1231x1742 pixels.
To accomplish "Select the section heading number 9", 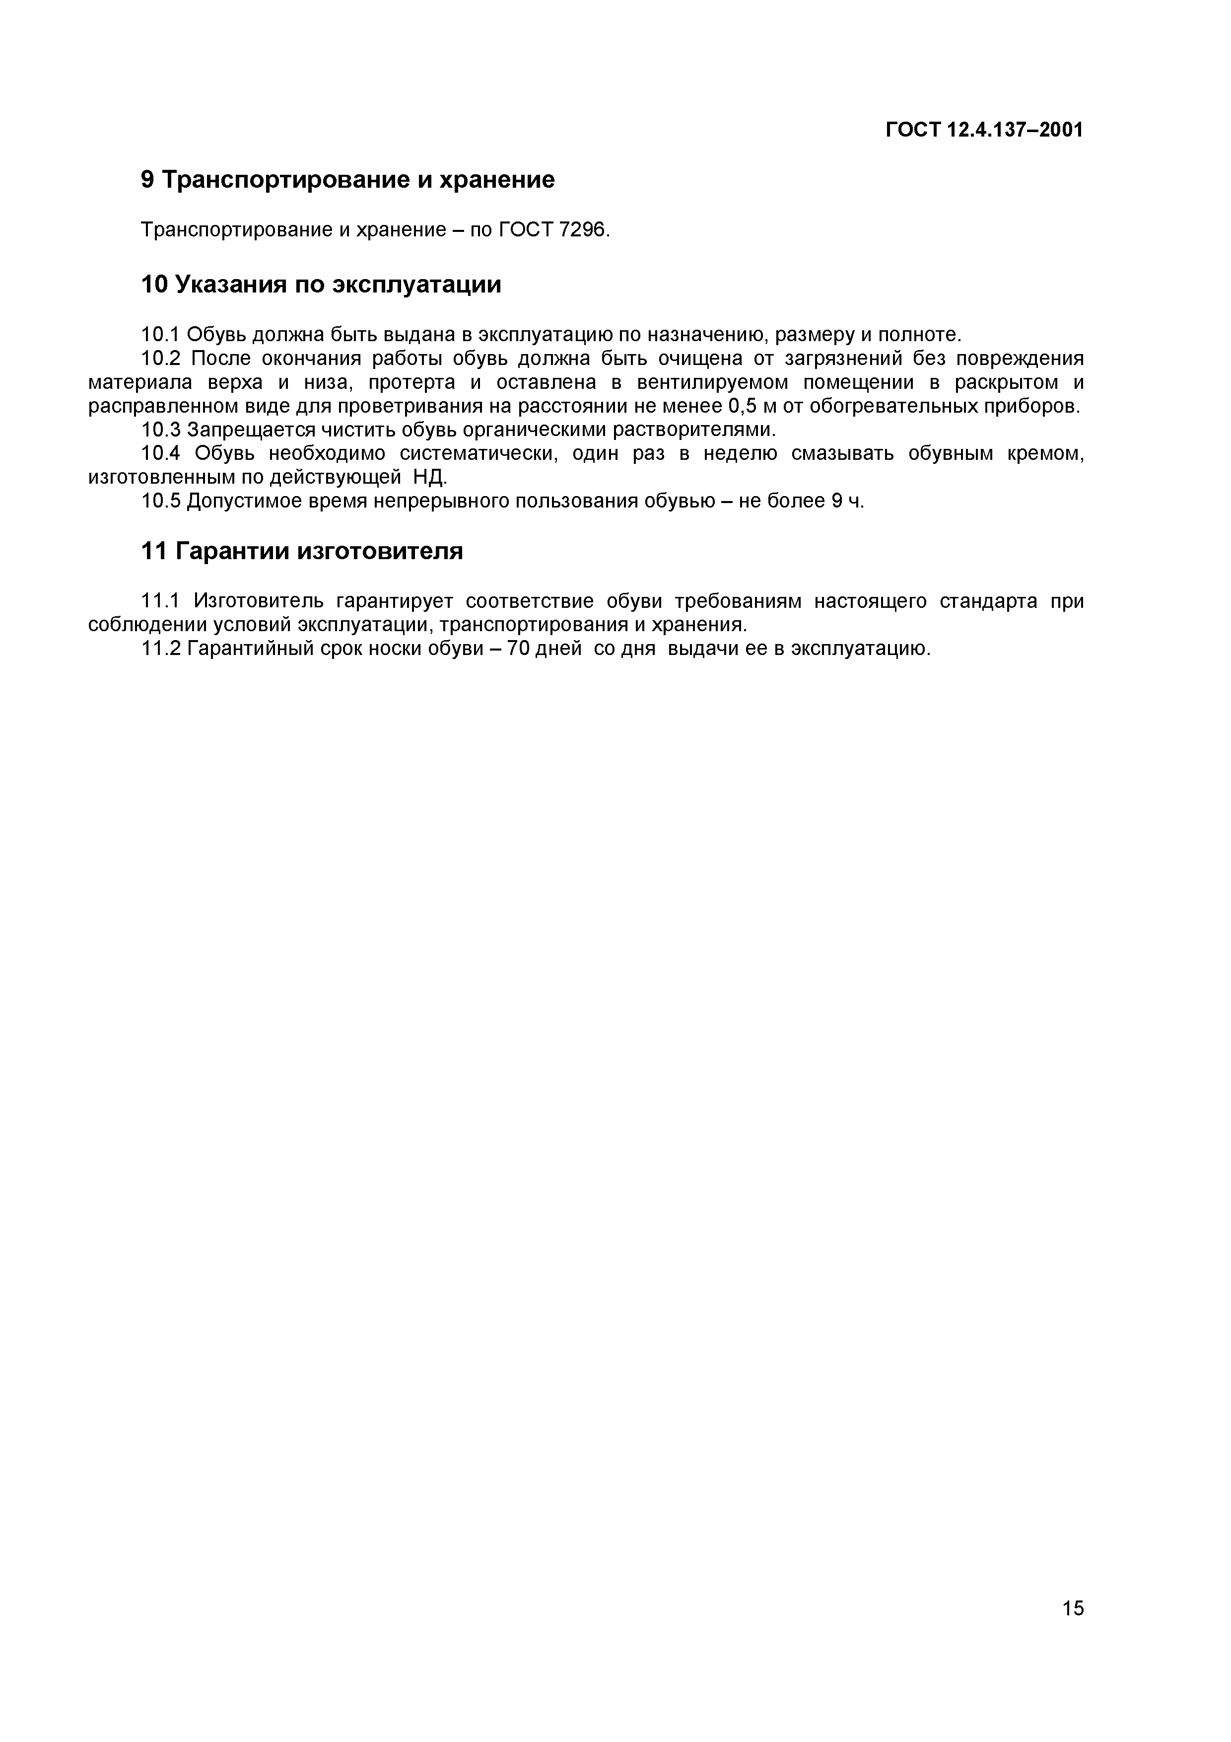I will point(148,180).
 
